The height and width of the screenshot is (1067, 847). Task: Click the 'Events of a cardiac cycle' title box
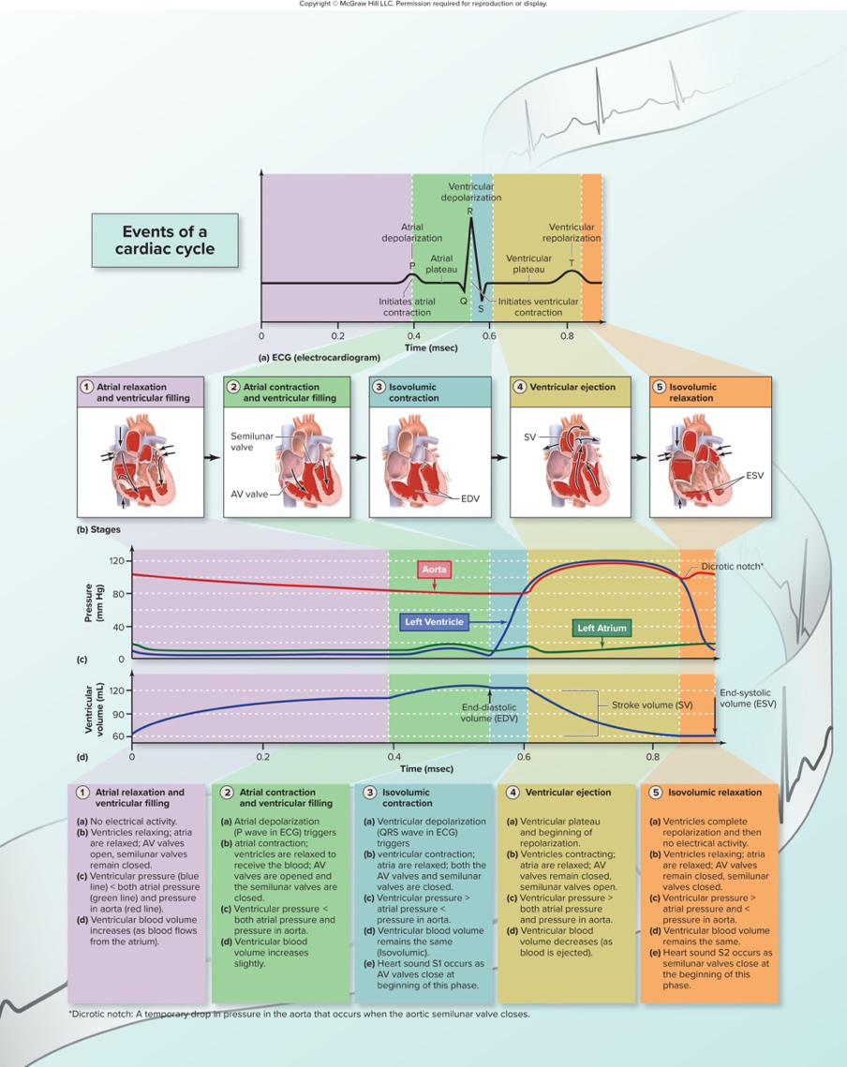[165, 240]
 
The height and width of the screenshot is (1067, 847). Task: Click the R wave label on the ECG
[470, 211]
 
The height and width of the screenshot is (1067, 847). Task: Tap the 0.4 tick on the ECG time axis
[413, 334]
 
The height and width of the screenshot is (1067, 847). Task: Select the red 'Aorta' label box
[434, 569]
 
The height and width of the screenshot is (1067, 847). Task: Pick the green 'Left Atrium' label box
[602, 628]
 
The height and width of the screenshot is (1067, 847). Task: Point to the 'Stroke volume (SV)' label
[646, 703]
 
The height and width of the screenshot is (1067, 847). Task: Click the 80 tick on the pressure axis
[117, 594]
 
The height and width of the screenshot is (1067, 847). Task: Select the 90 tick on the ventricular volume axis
[117, 714]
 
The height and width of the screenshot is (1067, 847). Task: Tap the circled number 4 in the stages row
[518, 386]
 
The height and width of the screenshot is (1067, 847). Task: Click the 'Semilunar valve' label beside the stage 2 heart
[250, 441]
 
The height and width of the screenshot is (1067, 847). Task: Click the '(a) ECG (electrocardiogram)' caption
[319, 358]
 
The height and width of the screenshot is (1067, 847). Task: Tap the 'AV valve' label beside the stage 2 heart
[249, 493]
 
